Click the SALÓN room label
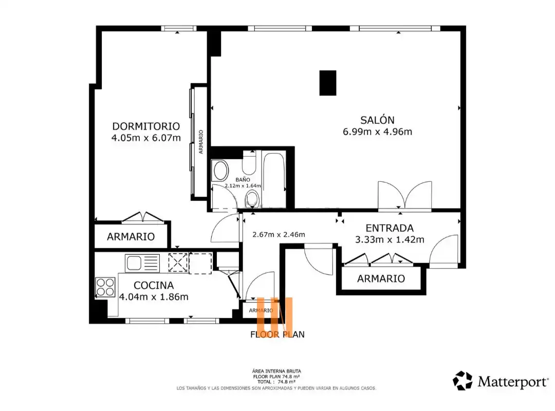pos(377,120)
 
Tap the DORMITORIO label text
pos(146,126)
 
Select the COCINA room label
pos(154,285)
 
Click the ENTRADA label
pos(390,228)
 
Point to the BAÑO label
pos(243,180)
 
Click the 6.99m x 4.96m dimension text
pos(377,132)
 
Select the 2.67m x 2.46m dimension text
pos(279,234)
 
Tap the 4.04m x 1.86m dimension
pos(154,296)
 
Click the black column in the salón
pos(328,83)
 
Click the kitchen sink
pos(142,264)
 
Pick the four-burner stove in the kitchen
pos(105,287)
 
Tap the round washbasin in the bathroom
pos(221,171)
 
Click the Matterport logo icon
pos(462,381)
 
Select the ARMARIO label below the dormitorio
pos(131,236)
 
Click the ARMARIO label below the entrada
pos(381,278)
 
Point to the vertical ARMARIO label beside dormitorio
pos(201,142)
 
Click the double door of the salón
pos(405,195)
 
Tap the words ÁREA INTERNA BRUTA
pos(276,371)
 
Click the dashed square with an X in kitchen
pos(178,263)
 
